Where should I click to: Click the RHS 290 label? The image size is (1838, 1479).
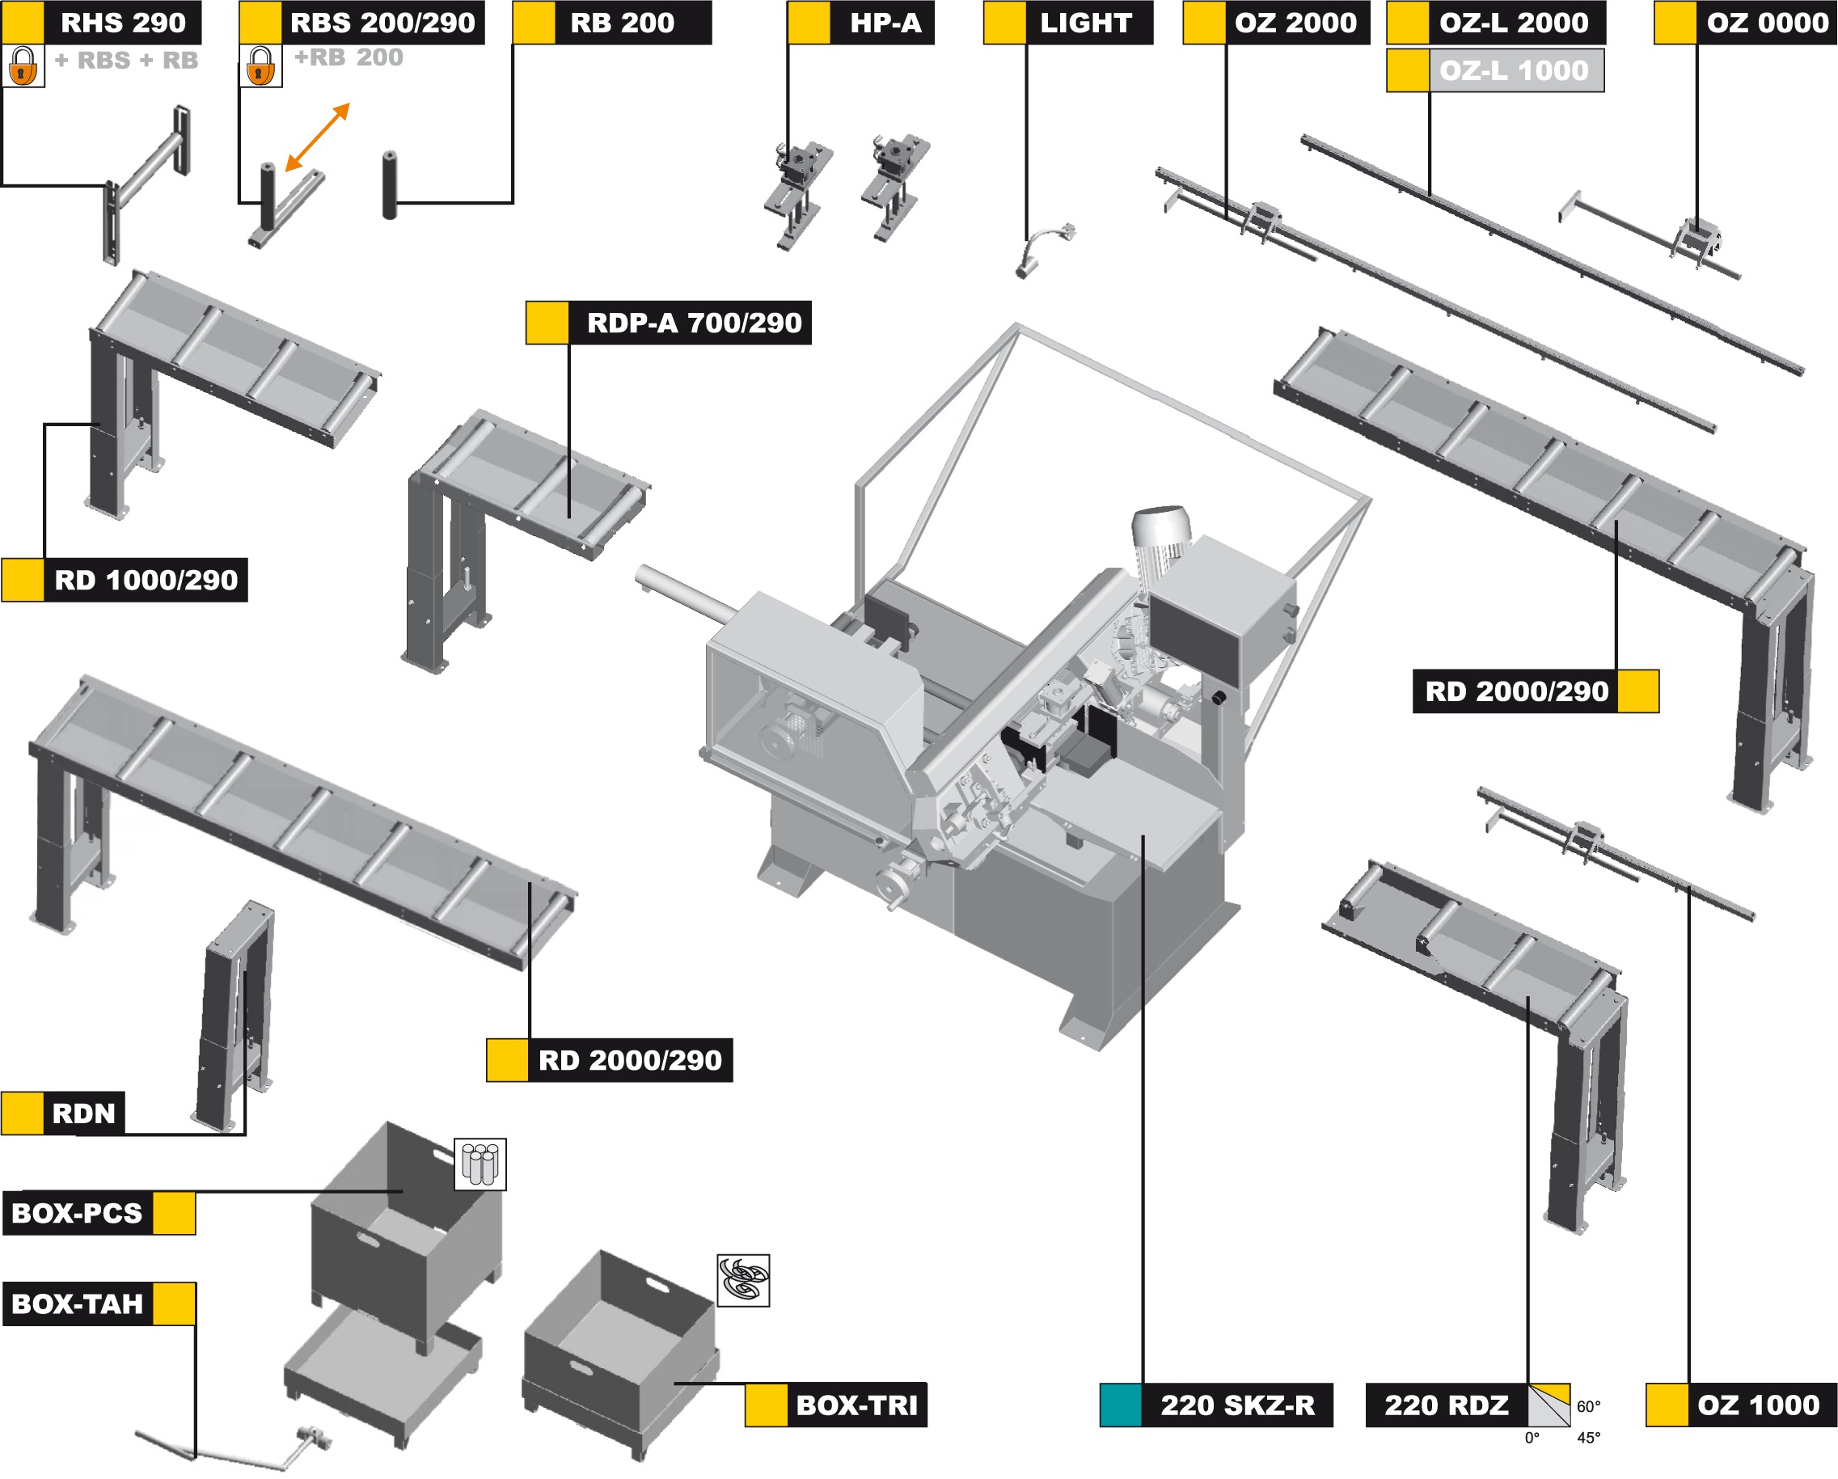point(122,22)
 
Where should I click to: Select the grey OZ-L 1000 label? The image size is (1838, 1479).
point(1513,70)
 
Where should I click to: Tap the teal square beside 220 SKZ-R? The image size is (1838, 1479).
point(1120,1405)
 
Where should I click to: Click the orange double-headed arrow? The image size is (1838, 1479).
point(317,137)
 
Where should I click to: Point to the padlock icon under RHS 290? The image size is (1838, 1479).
point(23,65)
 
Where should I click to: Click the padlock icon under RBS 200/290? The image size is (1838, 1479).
point(260,65)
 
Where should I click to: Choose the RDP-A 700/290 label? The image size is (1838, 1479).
point(693,323)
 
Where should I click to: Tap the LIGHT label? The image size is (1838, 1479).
point(1085,22)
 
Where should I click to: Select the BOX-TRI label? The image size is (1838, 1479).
point(856,1405)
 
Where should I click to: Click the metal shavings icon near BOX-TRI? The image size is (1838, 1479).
point(742,1279)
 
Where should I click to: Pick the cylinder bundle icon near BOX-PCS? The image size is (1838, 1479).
point(480,1164)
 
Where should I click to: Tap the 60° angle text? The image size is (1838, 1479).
point(1588,1406)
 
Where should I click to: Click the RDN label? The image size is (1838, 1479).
point(82,1113)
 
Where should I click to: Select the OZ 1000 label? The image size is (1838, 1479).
point(1758,1405)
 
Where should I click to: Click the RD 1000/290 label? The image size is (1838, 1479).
point(145,581)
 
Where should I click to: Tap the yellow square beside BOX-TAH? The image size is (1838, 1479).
point(174,1304)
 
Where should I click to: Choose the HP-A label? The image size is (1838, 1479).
point(885,22)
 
